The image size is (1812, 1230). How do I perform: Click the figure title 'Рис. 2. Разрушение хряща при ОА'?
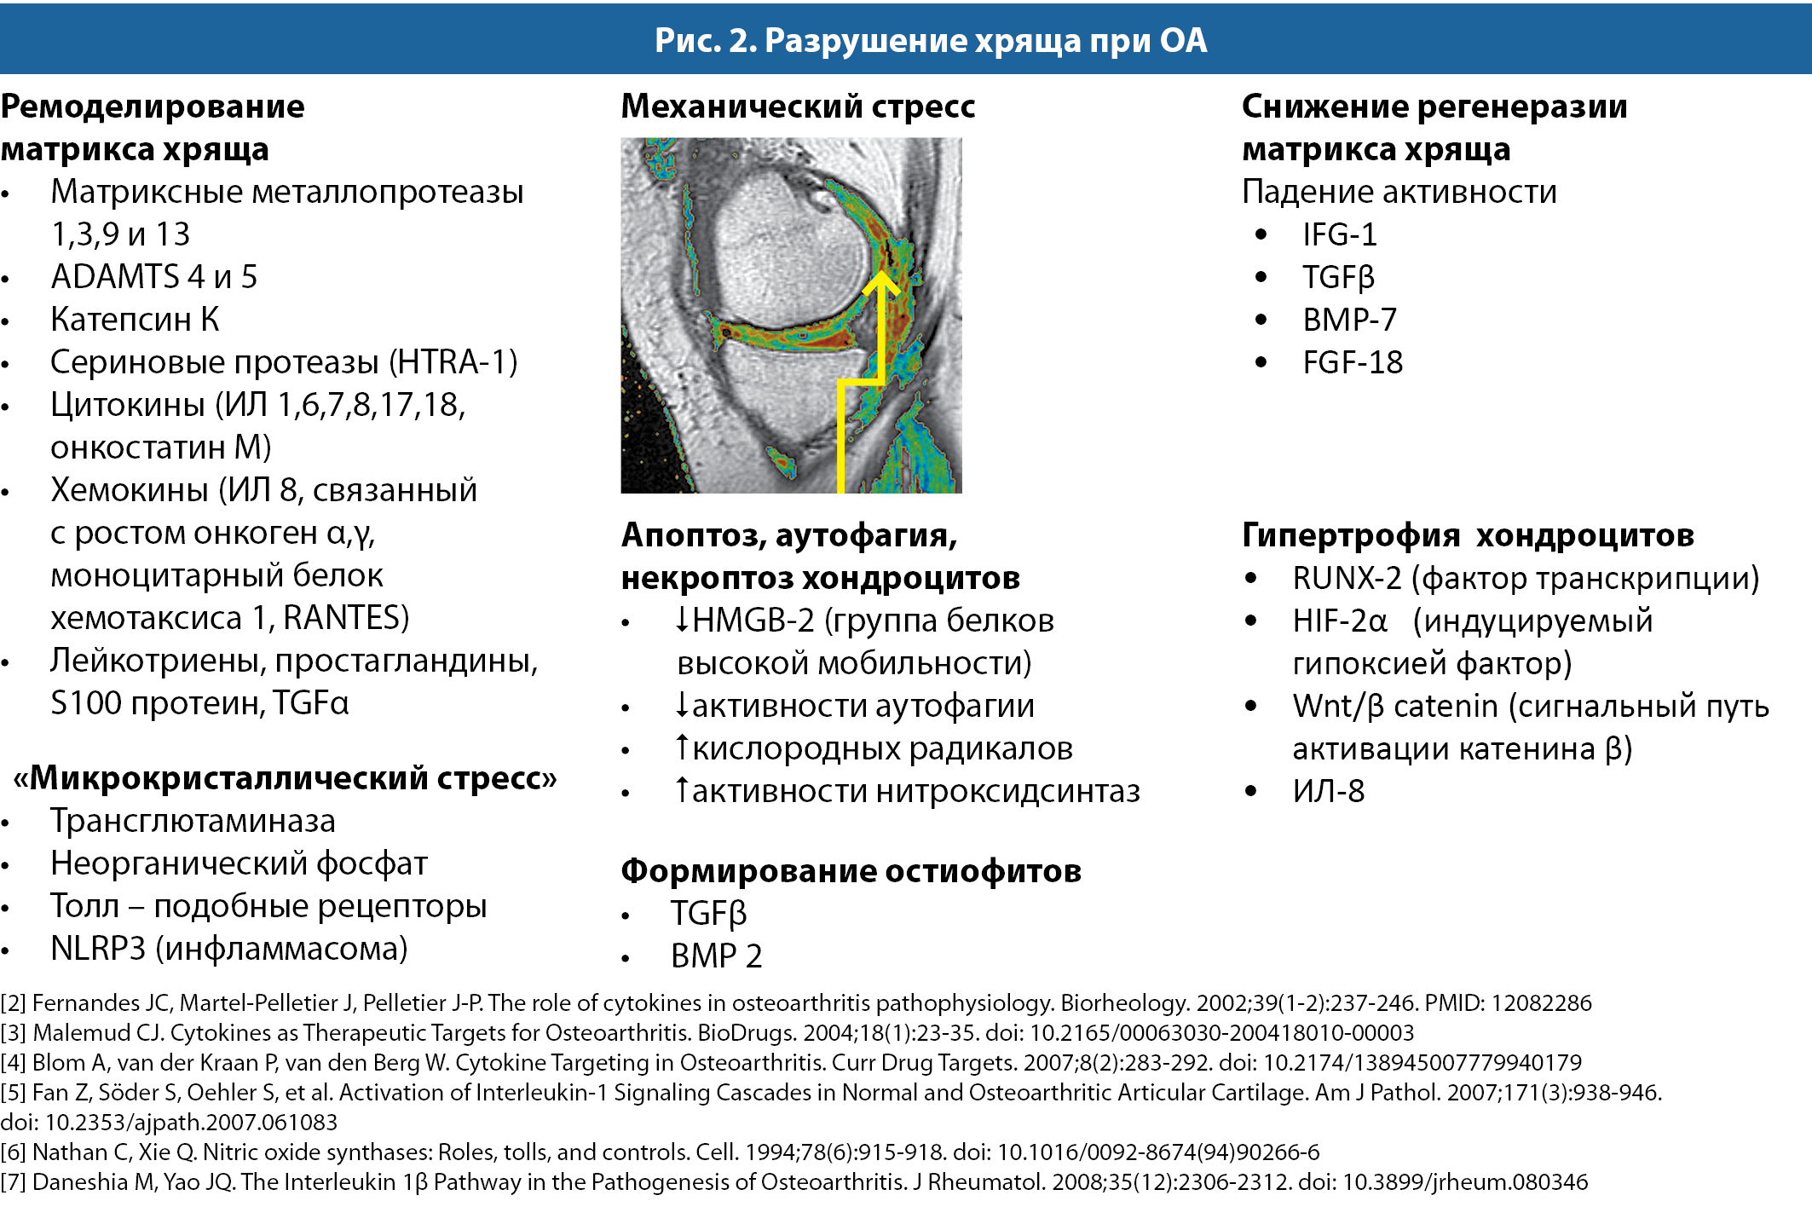click(x=930, y=40)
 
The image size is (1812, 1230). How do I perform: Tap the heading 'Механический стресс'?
click(x=798, y=107)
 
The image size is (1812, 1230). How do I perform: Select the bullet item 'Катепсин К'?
click(x=135, y=320)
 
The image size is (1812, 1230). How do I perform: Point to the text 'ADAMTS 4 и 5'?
click(x=153, y=277)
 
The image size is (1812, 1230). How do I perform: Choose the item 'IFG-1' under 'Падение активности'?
click(x=1339, y=235)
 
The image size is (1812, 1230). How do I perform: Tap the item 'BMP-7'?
click(x=1349, y=320)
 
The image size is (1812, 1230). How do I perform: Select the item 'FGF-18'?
click(x=1353, y=363)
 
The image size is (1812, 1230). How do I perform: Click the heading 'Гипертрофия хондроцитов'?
click(x=1467, y=535)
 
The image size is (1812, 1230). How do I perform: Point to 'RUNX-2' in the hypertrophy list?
click(x=1347, y=579)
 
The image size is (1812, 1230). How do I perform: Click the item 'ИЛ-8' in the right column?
click(x=1328, y=792)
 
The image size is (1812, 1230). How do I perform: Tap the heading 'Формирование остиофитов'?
click(x=851, y=871)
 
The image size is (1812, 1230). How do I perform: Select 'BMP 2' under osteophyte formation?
click(x=716, y=956)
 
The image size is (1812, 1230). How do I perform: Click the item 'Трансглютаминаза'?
click(x=193, y=821)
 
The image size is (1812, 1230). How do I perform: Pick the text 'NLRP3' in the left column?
click(x=98, y=949)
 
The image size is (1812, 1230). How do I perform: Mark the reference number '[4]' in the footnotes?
click(x=13, y=1063)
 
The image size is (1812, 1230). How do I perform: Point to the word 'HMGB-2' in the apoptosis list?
click(x=753, y=621)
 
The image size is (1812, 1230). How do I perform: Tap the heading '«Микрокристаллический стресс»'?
click(x=285, y=778)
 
